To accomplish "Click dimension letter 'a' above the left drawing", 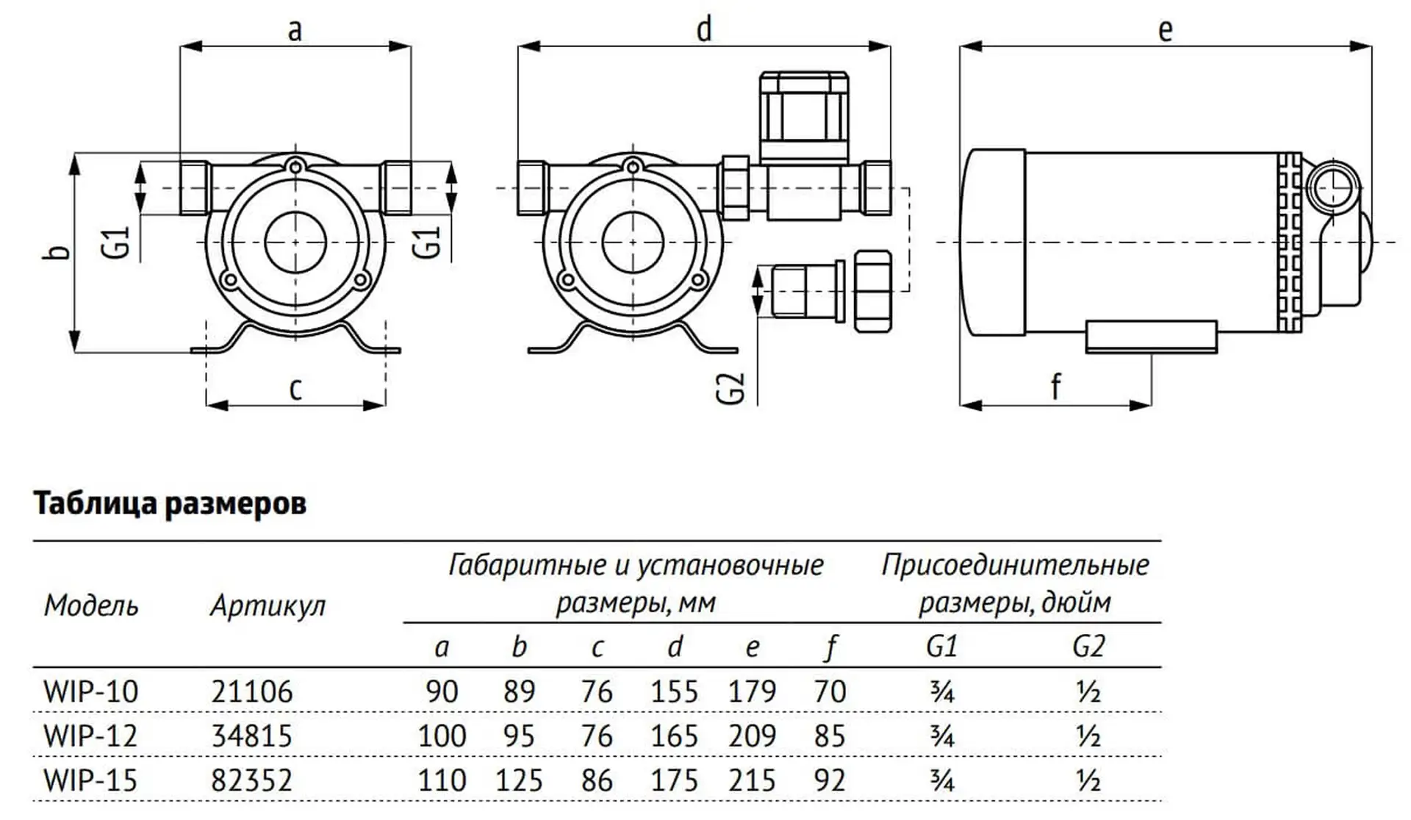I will (295, 31).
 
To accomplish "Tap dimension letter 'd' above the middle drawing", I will (704, 31).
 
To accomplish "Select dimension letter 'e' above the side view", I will (1165, 31).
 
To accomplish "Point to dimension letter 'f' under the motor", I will (1056, 385).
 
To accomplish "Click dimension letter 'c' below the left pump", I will (295, 388).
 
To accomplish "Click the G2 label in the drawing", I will (730, 389).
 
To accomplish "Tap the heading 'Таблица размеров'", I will (170, 504).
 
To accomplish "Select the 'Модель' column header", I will (91, 605).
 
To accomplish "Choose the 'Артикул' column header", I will (268, 605).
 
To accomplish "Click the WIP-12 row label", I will (90, 736).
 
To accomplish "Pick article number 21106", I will (252, 691).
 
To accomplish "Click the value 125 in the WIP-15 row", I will (519, 780).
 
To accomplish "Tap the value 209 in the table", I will (752, 736).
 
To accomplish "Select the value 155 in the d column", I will (674, 691).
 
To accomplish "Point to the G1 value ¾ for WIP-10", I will (941, 691).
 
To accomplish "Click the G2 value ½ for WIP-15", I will (1088, 780).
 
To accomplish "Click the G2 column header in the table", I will (1088, 647).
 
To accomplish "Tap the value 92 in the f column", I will (830, 780).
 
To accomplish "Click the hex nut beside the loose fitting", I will (873, 291).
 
